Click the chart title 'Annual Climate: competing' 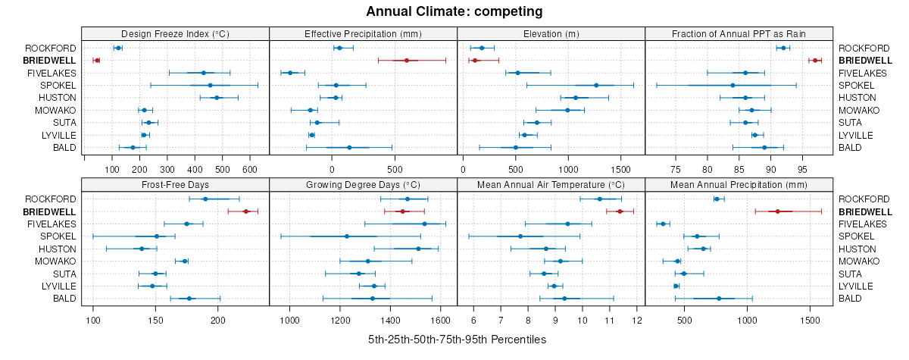tap(454, 11)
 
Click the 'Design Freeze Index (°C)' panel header tap(175, 33)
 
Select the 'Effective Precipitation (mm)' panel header tap(363, 33)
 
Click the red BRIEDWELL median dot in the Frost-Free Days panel tap(245, 211)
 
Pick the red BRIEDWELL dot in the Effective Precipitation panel tap(407, 61)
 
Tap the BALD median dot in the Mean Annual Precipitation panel tap(719, 299)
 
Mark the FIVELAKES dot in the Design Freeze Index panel tap(203, 73)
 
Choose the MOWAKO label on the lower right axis tap(858, 261)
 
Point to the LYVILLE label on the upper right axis tap(859, 135)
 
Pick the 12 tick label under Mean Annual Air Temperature tap(637, 320)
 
